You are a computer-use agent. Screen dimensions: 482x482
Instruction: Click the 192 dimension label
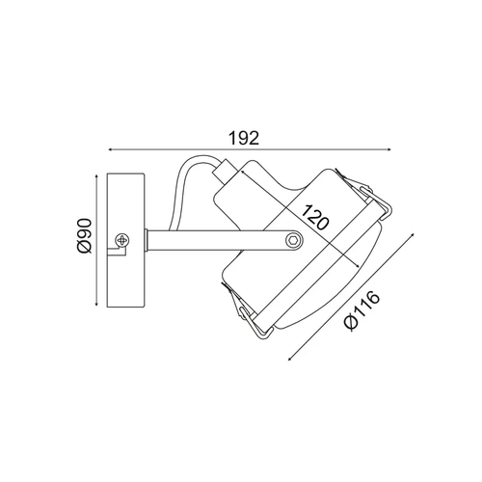click(244, 139)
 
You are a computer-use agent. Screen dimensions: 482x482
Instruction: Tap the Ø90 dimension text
click(85, 236)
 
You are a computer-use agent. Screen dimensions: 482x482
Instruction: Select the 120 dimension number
click(316, 217)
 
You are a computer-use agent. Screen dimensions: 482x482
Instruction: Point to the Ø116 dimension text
click(361, 310)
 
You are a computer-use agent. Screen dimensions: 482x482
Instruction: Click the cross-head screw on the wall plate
click(122, 240)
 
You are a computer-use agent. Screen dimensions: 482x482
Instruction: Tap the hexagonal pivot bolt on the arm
click(294, 240)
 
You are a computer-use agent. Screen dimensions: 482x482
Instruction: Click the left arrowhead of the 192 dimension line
click(110, 149)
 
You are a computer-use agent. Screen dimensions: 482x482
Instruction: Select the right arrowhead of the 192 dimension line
click(388, 149)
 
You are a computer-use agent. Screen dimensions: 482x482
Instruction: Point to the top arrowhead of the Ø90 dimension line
click(96, 176)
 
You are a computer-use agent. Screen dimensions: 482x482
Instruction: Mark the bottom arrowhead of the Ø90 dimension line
click(96, 305)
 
